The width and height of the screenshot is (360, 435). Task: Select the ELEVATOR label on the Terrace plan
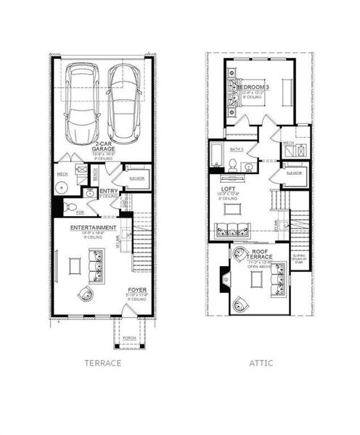pos(136,178)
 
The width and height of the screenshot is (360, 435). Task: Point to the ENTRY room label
pos(109,191)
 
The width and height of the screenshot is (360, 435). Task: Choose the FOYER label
pos(137,291)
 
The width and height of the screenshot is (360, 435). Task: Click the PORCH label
pos(128,338)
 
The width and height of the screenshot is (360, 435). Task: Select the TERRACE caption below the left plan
pos(102,362)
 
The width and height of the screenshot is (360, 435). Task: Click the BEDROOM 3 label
pos(253,88)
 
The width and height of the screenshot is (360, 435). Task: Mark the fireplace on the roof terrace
pos(223,275)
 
